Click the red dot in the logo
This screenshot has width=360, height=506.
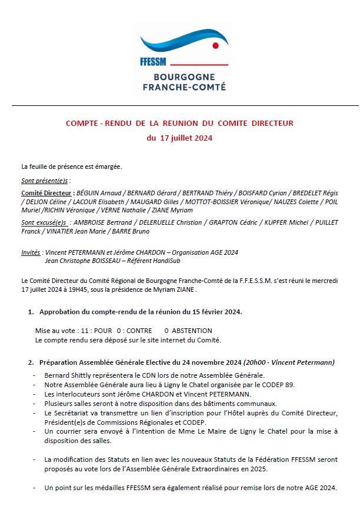pyautogui.click(x=215, y=45)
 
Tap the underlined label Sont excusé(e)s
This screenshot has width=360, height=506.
pyautogui.click(x=44, y=223)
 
